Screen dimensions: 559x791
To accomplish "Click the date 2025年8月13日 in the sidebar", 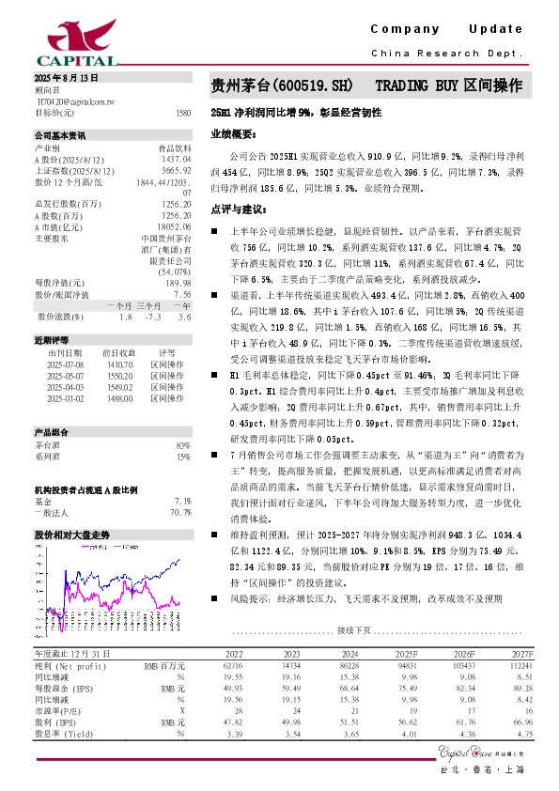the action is (x=65, y=76).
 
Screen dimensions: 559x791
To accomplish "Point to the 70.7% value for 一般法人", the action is (x=180, y=512).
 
